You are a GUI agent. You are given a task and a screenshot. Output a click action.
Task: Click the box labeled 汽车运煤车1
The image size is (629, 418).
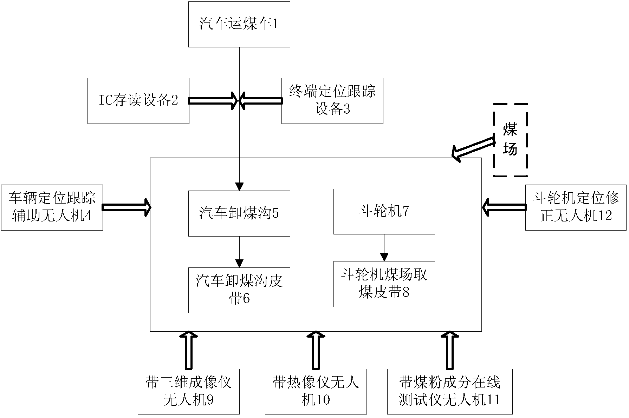pos(239,24)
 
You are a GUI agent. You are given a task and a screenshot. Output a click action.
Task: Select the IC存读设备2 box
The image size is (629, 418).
pos(138,101)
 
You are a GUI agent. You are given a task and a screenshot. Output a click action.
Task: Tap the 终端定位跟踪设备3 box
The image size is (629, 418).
pos(332,101)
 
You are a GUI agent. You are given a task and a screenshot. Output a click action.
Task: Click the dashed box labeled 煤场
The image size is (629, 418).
pos(510,140)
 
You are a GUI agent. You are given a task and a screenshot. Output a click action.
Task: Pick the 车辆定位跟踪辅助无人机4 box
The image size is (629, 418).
pos(52,207)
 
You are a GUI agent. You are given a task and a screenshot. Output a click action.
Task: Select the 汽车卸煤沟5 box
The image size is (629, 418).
pos(239,213)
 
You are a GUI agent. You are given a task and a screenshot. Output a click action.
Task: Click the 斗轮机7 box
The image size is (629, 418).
pos(384,211)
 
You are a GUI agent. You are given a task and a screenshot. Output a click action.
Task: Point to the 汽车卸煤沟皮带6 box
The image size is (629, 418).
pos(239,290)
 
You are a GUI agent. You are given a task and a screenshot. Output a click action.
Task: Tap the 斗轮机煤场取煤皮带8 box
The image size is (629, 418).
pos(384,284)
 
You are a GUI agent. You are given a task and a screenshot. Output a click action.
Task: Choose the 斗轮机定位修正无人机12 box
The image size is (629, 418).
pos(576,207)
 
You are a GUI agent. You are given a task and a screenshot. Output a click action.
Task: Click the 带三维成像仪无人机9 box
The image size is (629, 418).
pos(188,391)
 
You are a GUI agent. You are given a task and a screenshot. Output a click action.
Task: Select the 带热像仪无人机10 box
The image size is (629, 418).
pos(316,391)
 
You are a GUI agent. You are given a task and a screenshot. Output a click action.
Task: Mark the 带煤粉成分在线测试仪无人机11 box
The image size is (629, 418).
pos(449,391)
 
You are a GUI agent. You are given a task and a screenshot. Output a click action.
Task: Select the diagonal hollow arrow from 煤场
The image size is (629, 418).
pos(473,148)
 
